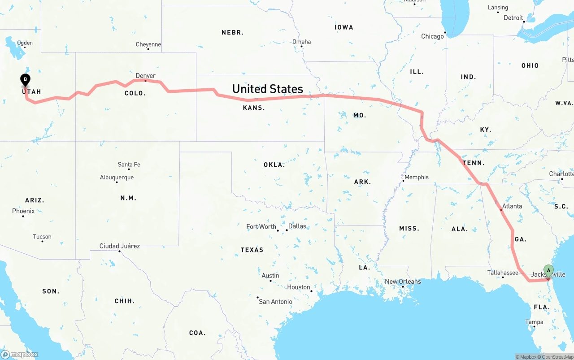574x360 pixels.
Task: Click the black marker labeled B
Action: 26,80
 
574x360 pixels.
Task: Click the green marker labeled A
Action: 548,270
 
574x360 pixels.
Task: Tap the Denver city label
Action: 145,76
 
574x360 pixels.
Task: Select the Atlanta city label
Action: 512,206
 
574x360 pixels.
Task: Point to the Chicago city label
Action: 432,36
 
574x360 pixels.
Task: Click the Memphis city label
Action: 417,177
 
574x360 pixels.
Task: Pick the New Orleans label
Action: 403,282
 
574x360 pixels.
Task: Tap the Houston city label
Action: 299,287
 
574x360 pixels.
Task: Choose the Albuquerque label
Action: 117,178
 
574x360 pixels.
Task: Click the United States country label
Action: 267,89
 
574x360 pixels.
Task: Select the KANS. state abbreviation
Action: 254,108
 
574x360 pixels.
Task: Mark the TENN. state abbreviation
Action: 473,163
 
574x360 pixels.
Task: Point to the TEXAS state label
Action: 252,250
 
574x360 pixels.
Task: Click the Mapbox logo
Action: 20,354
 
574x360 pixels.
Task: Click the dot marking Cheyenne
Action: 148,48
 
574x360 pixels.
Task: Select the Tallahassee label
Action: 503,273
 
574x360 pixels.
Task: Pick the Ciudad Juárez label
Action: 120,246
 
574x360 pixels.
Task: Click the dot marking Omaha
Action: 302,46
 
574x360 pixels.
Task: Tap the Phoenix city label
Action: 23,211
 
